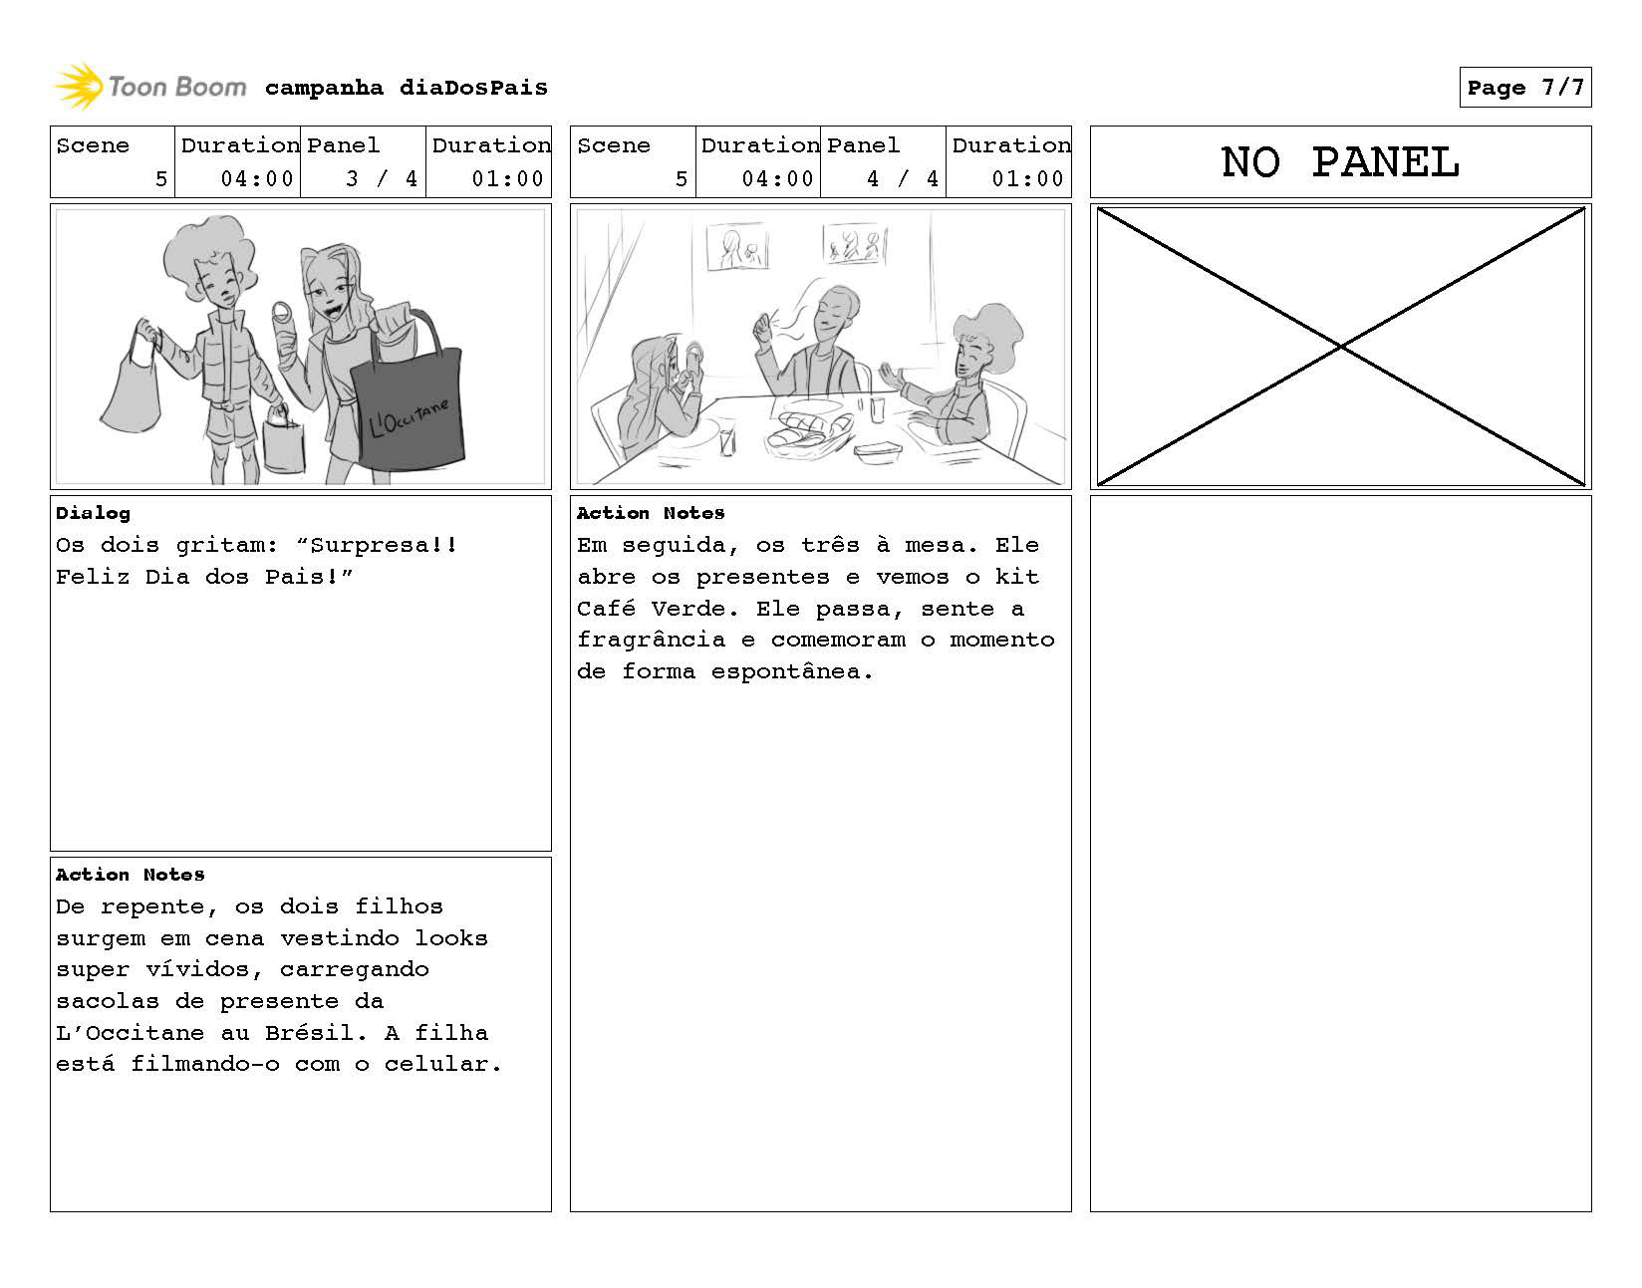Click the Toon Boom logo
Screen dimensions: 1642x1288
click(x=149, y=87)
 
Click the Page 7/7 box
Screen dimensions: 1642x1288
click(x=1524, y=88)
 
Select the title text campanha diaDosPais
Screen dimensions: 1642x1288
click(x=406, y=88)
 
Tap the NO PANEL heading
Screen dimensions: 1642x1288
click(x=1340, y=162)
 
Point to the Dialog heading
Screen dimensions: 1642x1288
click(x=93, y=513)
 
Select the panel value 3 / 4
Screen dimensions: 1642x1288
click(x=382, y=179)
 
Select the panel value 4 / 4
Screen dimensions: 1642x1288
click(x=902, y=179)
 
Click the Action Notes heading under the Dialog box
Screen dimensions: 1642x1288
click(x=131, y=875)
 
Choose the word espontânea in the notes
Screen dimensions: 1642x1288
click(x=791, y=671)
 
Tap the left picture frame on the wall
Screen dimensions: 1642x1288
click(x=736, y=247)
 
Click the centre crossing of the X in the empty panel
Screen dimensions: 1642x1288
click(x=1341, y=347)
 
